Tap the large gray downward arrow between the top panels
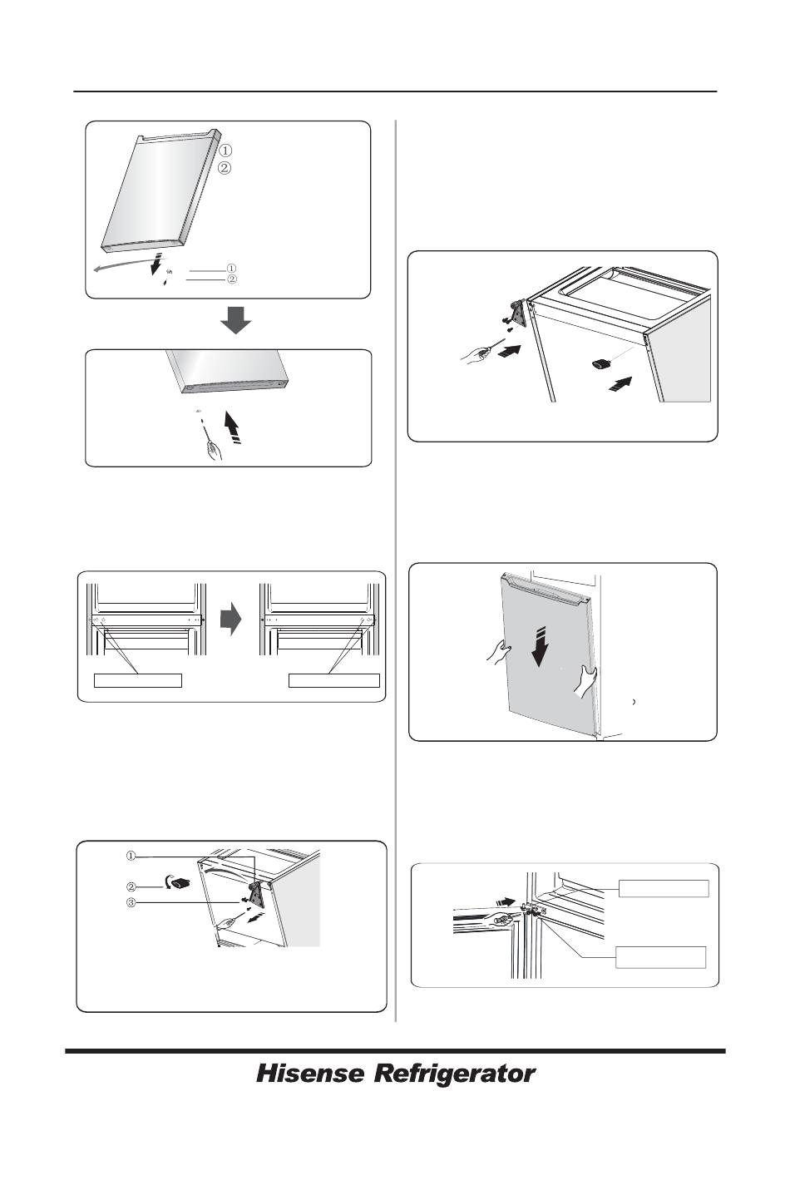pyautogui.click(x=235, y=320)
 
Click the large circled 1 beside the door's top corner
pyautogui.click(x=225, y=151)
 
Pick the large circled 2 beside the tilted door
pyautogui.click(x=225, y=169)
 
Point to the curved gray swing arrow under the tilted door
pyautogui.click(x=126, y=265)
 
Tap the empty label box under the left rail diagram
pyautogui.click(x=138, y=680)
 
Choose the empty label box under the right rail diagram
pyautogui.click(x=334, y=680)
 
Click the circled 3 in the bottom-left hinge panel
pyautogui.click(x=131, y=902)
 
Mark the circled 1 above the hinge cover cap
pyautogui.click(x=131, y=856)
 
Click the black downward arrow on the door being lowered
pyautogui.click(x=538, y=647)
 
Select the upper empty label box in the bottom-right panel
pyautogui.click(x=664, y=888)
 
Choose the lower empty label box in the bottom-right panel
pyautogui.click(x=660, y=957)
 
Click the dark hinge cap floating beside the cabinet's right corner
pyautogui.click(x=601, y=363)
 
